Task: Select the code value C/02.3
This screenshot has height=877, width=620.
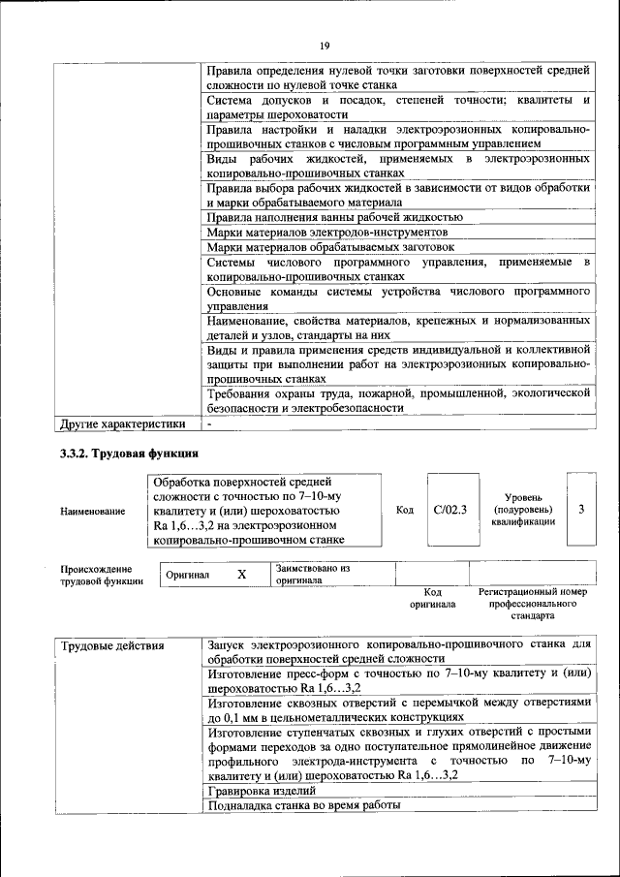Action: coord(449,510)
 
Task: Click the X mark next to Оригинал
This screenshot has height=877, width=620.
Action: coord(242,575)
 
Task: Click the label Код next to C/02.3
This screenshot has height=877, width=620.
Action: coord(405,510)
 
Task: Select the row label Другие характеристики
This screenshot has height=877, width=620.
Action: coord(122,423)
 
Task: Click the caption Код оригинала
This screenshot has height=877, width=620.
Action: coord(433,597)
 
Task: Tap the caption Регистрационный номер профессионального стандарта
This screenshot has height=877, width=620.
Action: coord(533,603)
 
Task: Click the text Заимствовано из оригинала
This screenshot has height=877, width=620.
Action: coord(312,575)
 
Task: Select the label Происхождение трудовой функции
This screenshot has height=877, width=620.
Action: coord(102,576)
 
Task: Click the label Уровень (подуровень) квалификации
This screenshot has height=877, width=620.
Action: coord(523,509)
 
